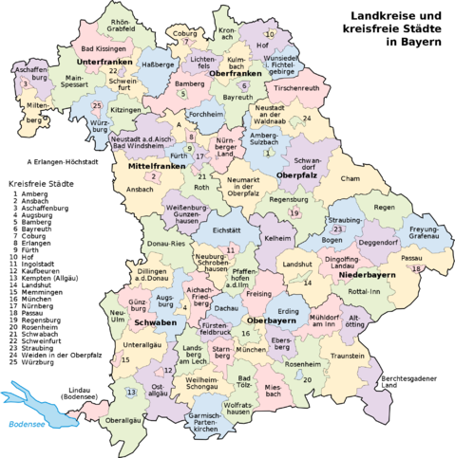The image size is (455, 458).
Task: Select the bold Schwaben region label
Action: pyautogui.click(x=155, y=322)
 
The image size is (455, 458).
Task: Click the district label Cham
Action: pyautogui.click(x=351, y=178)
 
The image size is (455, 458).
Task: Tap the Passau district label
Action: pyautogui.click(x=411, y=257)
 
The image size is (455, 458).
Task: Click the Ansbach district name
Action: pyautogui.click(x=139, y=190)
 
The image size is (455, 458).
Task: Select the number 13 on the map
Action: pyautogui.click(x=131, y=392)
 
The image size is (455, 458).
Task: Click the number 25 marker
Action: pyautogui.click(x=97, y=105)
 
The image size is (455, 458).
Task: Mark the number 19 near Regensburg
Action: pyautogui.click(x=294, y=213)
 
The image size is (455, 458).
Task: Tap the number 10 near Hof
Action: pyautogui.click(x=270, y=34)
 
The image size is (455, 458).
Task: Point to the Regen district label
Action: pyautogui.click(x=383, y=207)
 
